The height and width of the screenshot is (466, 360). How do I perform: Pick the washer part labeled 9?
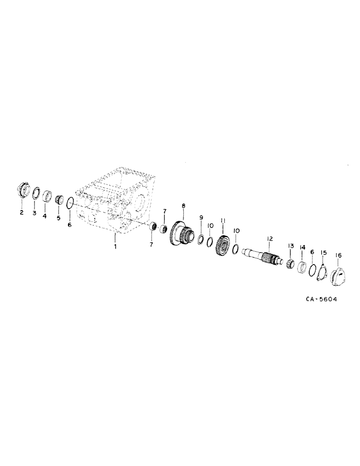coord(201,240)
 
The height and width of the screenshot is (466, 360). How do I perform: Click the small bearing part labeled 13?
coord(290,264)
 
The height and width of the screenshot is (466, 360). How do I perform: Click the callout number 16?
coord(338,255)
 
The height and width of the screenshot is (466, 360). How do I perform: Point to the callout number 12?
coord(270,239)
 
